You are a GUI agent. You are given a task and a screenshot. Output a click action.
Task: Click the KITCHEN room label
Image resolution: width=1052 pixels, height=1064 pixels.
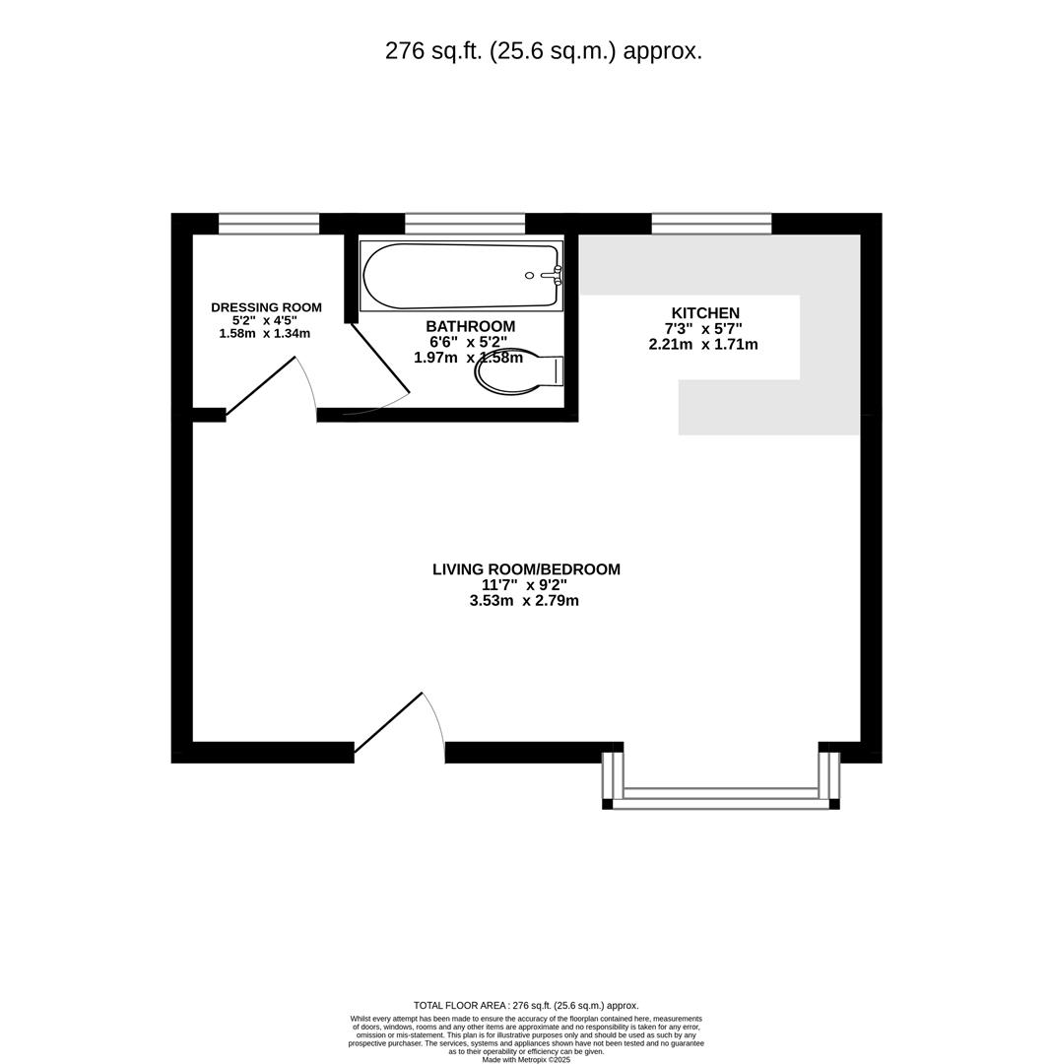[705, 313]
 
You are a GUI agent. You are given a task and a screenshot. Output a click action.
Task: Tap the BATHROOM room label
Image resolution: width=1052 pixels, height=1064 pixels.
[470, 326]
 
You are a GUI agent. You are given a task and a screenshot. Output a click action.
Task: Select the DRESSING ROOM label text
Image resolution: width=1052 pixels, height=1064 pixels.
[266, 307]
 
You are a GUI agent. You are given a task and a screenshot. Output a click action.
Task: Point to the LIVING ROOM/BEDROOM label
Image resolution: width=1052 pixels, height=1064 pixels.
[526, 569]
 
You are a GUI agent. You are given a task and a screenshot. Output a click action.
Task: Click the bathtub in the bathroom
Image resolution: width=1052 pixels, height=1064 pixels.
[453, 276]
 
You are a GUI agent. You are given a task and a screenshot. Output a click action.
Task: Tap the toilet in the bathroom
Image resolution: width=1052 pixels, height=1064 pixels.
[516, 371]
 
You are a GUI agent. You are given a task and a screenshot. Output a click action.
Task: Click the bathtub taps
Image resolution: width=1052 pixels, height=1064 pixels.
[556, 275]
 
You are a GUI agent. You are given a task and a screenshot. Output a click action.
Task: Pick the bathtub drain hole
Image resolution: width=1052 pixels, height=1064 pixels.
[530, 276]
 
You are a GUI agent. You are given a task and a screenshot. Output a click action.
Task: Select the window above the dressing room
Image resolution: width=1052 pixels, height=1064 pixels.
[269, 224]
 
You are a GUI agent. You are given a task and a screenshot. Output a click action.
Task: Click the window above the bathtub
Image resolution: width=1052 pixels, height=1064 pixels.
[464, 224]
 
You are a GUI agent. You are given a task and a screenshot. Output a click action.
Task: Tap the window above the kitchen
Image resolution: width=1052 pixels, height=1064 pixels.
[711, 224]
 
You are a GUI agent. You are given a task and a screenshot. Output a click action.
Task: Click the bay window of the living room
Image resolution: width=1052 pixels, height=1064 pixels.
[721, 798]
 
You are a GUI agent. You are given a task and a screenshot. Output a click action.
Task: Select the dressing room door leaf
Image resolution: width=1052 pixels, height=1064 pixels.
[261, 385]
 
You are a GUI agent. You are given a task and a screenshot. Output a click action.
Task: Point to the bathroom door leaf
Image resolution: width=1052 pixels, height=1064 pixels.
[380, 358]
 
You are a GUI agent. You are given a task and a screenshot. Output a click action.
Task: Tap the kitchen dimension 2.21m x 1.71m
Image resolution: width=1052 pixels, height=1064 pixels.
[703, 345]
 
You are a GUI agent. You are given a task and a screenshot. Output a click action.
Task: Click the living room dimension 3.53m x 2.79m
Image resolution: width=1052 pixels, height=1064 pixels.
[524, 601]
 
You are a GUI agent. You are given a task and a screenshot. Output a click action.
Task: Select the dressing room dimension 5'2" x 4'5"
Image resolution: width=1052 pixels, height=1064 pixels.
[264, 320]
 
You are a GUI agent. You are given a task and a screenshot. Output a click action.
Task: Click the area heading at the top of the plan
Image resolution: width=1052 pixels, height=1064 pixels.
[544, 51]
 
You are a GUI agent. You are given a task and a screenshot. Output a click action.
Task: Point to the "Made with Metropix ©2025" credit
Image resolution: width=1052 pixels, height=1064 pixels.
[526, 1059]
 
